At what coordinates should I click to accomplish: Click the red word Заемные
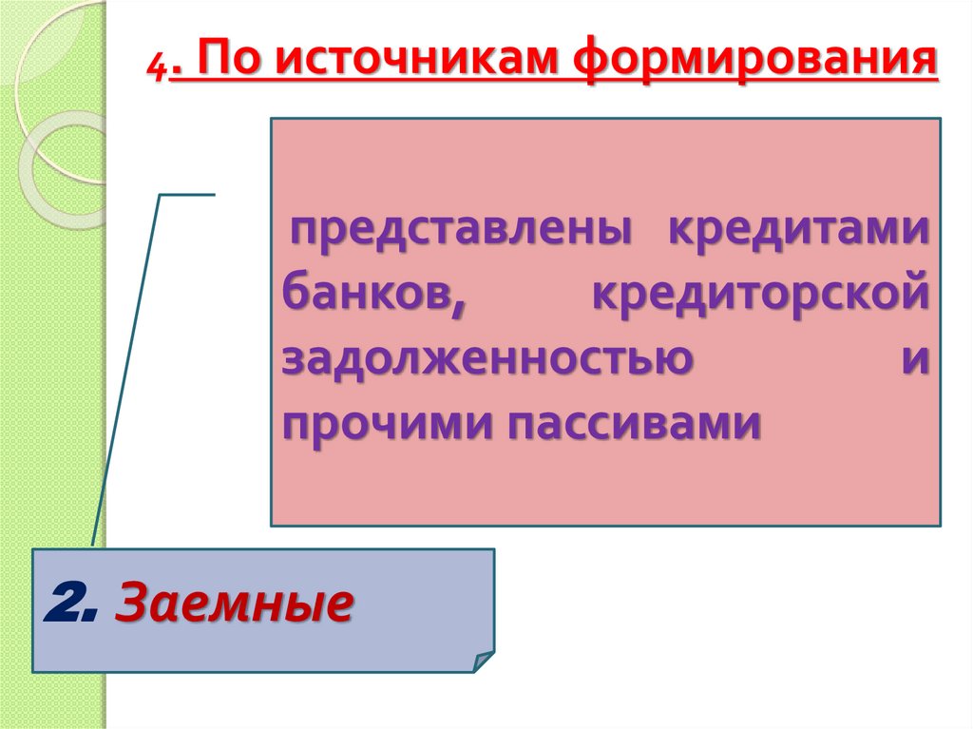tap(234, 604)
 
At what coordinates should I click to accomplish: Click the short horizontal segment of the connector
tap(187, 194)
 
